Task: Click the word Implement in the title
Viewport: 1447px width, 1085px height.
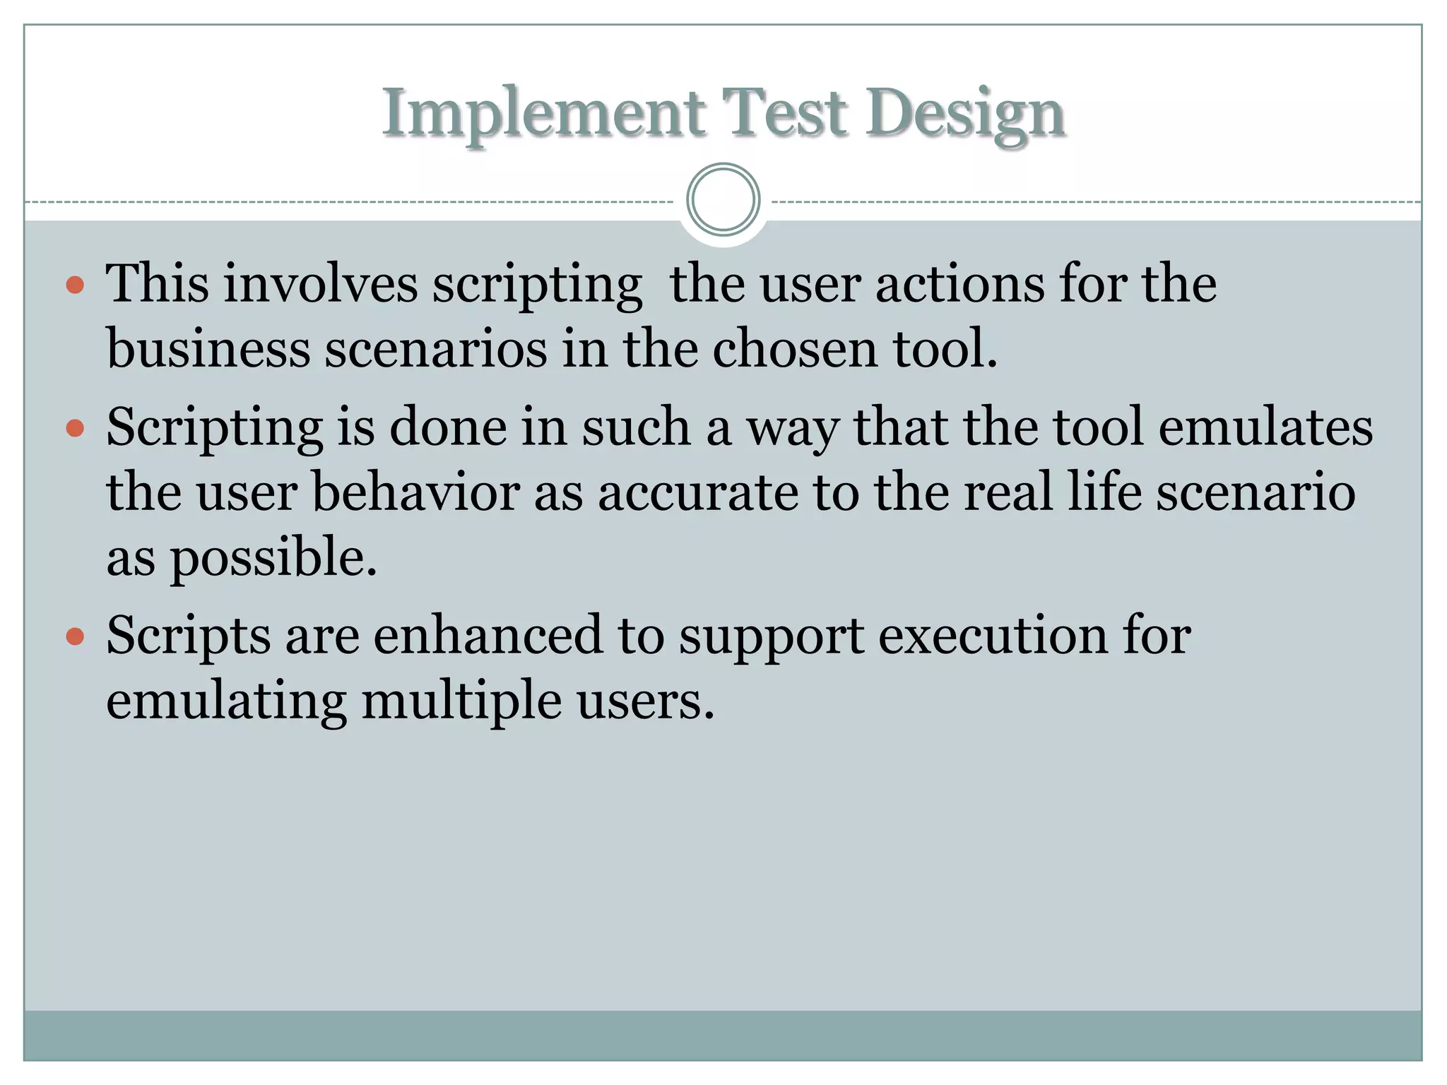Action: tap(543, 113)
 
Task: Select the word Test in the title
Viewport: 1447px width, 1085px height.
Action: tap(784, 113)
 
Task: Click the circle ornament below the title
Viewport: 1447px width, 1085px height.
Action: tap(723, 200)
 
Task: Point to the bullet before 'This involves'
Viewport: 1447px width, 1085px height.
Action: tap(75, 286)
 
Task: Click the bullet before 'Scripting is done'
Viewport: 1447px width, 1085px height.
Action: tap(75, 429)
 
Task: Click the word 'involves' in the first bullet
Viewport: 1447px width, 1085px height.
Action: tap(321, 284)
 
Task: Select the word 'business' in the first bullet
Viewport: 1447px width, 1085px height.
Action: tap(208, 349)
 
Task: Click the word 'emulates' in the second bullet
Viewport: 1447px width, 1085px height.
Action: tap(1265, 428)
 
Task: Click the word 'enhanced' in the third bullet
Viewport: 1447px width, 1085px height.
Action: tap(488, 636)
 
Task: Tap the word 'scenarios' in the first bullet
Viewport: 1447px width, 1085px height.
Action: tap(435, 349)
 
